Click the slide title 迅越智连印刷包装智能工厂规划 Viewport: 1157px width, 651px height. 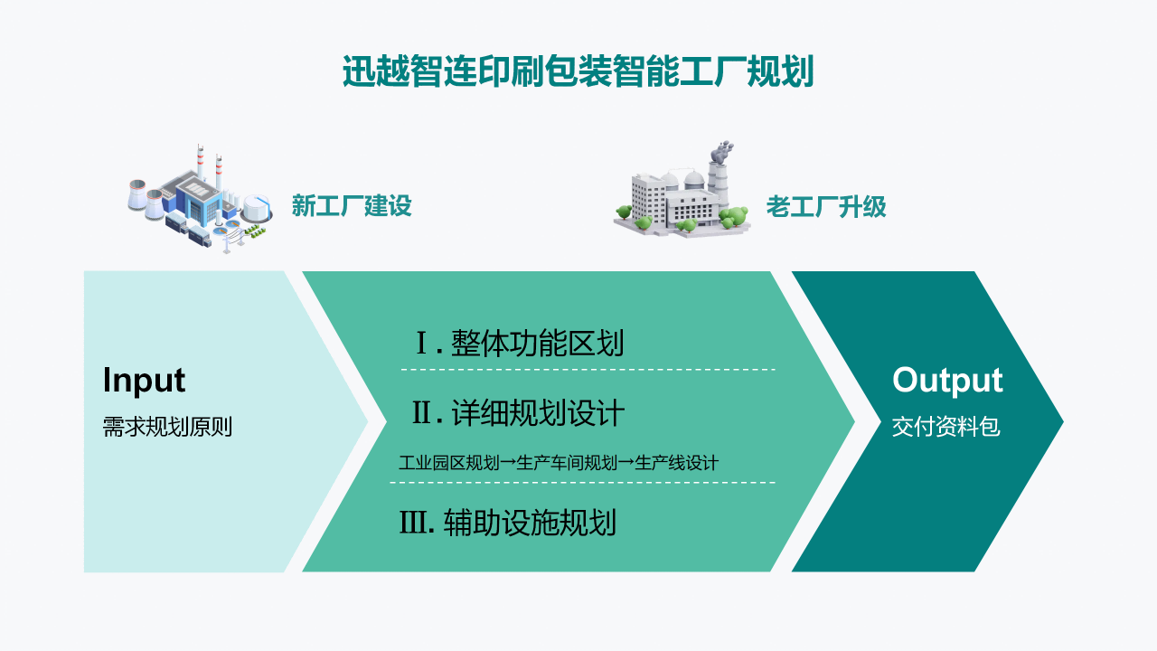578,71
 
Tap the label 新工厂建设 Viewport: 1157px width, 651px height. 351,206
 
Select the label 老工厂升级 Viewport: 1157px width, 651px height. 825,207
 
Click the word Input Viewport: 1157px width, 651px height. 144,380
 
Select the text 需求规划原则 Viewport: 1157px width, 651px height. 167,427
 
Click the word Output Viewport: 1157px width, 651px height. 947,381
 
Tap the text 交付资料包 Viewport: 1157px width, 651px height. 945,427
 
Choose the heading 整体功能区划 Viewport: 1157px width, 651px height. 538,344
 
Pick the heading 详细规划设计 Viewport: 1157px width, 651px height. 538,413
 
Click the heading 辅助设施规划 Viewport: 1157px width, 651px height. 530,523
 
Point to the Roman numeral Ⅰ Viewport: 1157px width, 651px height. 421,344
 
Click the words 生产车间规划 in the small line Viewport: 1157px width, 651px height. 559,463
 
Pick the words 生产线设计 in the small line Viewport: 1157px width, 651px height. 677,463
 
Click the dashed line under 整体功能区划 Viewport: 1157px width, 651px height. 588,370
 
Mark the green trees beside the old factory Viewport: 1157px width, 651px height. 734,218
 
